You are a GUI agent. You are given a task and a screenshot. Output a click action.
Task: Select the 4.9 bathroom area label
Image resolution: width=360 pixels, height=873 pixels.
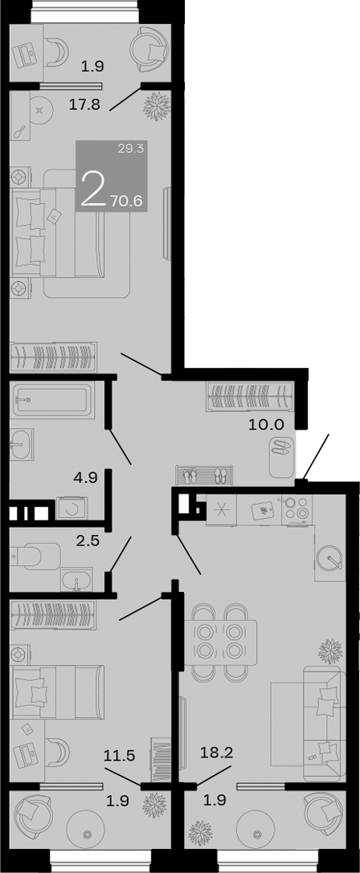tap(84, 477)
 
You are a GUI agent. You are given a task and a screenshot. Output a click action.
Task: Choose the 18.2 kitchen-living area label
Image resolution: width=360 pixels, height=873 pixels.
tap(215, 754)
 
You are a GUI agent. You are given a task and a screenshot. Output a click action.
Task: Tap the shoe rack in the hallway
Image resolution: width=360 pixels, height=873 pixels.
tap(204, 475)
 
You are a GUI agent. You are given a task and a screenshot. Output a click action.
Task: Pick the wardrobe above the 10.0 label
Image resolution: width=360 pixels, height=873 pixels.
tap(250, 396)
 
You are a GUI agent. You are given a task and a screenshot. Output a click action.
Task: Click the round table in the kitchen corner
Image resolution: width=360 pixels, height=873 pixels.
tap(330, 558)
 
